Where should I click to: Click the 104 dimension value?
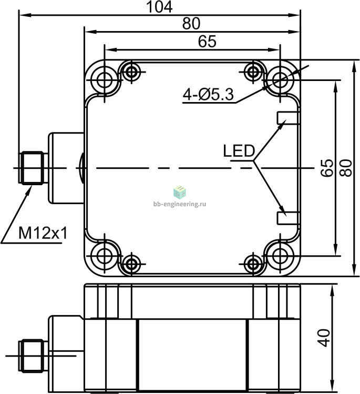coord(159,7)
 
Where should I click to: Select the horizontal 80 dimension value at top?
coord(191,24)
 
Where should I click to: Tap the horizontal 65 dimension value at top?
coord(207,42)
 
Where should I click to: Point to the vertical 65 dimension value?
coord(327,168)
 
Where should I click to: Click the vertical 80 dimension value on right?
coord(346,168)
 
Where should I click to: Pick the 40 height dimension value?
coord(324,338)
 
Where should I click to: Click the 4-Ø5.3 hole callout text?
coord(208,95)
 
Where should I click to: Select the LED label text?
coord(239,151)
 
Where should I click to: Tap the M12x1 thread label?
coord(43,233)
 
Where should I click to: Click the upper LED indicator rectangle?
coord(288,118)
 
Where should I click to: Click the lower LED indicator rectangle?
coord(288,218)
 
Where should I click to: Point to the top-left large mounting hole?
coord(105,80)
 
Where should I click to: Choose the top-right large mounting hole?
coord(280,80)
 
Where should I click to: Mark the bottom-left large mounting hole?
coord(105,256)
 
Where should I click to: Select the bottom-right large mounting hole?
coord(280,256)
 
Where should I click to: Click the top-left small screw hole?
coord(131,72)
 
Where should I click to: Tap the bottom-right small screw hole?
coord(253,264)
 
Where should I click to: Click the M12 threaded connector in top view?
coord(32,168)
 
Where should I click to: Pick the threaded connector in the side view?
coord(32,356)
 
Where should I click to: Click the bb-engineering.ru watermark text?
coord(180,204)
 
